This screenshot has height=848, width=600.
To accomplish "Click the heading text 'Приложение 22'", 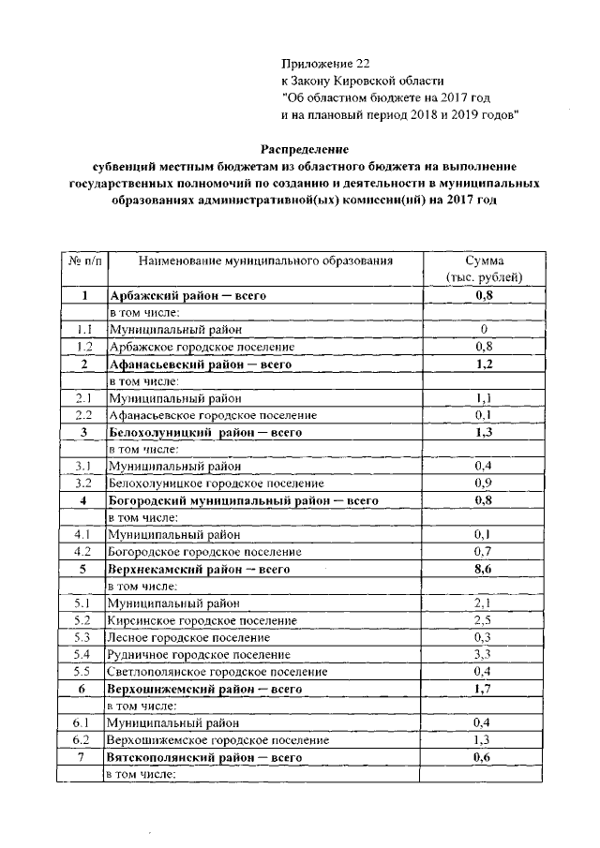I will coord(326,64).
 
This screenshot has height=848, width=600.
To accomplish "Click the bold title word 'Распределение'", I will coord(305,149).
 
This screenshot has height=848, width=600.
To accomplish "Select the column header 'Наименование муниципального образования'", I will coord(263,260).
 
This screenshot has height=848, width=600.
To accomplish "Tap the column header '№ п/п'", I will coord(82,260).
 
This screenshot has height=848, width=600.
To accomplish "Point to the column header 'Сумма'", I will coord(484,260).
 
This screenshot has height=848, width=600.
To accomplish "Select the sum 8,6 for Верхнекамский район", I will coord(484,569).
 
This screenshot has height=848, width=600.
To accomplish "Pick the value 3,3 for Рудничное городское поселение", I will coord(484,654).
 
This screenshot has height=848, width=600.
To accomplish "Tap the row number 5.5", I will coord(82,671).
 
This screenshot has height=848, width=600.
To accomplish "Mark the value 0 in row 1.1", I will coord(484,330).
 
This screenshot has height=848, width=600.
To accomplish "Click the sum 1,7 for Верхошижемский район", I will coord(484,689).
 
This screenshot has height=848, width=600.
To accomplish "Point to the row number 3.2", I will coord(82,484).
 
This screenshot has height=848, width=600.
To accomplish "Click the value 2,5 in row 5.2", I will coord(484,620).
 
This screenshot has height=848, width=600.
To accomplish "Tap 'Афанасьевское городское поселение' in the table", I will coord(213,415).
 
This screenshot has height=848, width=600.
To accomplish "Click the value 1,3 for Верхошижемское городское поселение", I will coord(484,739).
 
